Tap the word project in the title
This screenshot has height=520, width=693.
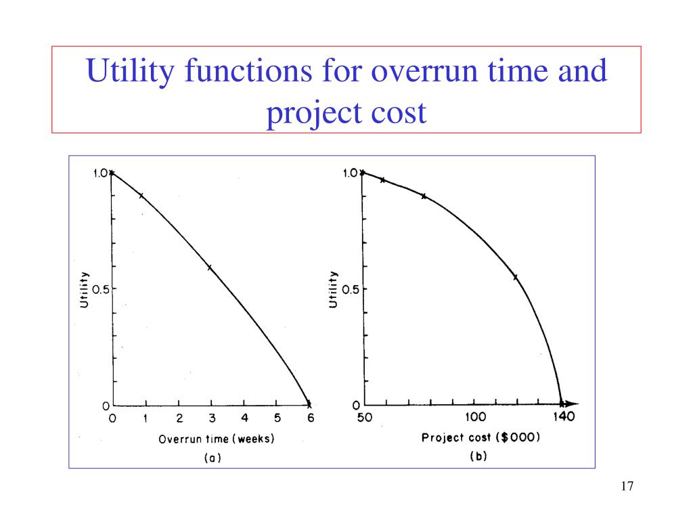(308, 112)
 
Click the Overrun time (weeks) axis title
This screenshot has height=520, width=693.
(217, 439)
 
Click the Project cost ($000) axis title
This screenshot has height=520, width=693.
(480, 437)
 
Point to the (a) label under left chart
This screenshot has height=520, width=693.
(213, 458)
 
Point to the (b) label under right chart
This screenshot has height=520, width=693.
(478, 456)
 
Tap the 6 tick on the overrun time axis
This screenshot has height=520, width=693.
(311, 418)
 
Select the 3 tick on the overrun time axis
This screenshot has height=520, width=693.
(212, 418)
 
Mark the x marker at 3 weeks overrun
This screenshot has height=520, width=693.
(210, 267)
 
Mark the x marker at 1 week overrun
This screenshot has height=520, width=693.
(141, 196)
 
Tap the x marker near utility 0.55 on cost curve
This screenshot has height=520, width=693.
(516, 277)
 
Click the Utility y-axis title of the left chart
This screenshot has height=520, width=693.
(85, 289)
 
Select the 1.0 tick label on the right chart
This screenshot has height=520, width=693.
(351, 173)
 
